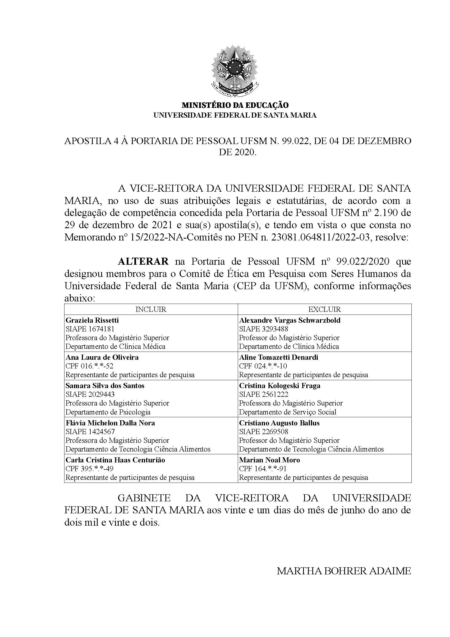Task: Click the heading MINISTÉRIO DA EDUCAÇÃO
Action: (235, 105)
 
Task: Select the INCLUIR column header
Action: (151, 309)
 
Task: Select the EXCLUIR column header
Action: (325, 309)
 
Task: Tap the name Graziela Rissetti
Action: (92, 320)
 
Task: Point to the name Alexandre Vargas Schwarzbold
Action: (290, 320)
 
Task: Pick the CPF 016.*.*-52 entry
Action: (89, 366)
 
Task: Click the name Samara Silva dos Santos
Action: (105, 386)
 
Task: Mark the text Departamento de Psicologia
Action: (108, 412)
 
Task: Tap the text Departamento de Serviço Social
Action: (288, 412)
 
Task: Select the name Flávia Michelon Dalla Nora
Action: (110, 423)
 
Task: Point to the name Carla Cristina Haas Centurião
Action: (115, 460)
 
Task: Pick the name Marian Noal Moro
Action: (269, 460)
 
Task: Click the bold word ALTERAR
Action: (143, 261)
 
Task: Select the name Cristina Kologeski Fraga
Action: (280, 386)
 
